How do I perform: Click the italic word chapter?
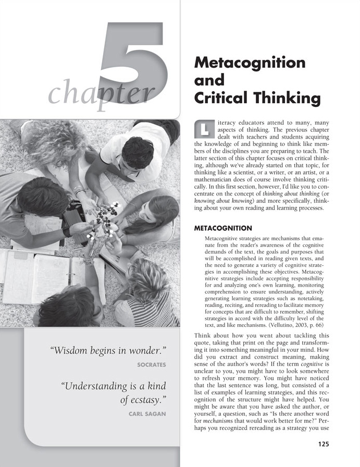tap(101, 94)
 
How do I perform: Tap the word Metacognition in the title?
tap(250, 63)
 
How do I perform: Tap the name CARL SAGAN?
tap(147, 414)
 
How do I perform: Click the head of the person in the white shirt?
tap(137, 152)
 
